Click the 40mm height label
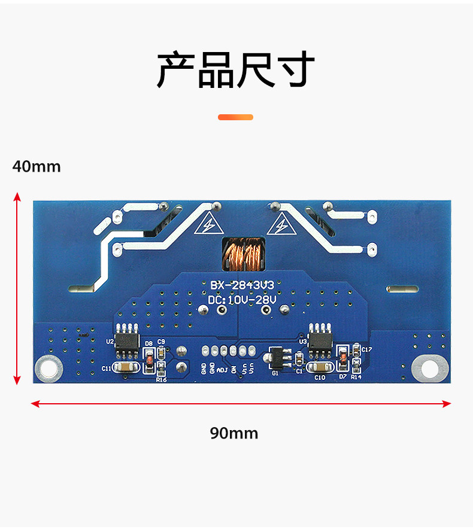37,166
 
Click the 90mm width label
234,433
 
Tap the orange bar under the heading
235,117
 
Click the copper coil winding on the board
242,254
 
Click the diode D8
148,361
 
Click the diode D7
342,358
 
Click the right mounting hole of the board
430,368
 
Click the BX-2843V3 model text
242,285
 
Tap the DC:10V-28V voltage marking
242,299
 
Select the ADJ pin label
222,368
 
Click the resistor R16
160,369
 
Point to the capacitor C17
357,349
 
